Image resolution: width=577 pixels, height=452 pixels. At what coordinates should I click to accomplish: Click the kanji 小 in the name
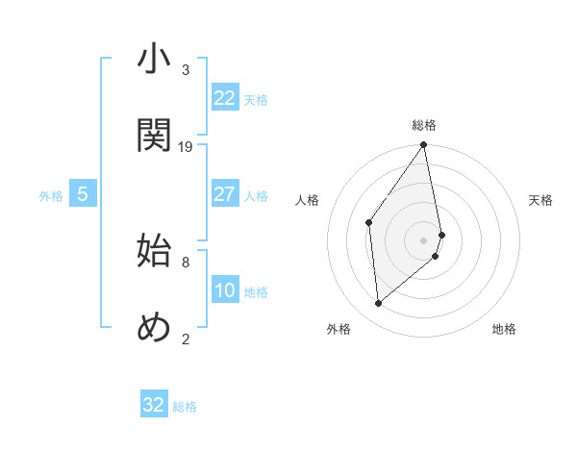[x=154, y=60]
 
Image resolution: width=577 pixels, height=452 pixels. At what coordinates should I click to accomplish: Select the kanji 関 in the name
[x=154, y=136]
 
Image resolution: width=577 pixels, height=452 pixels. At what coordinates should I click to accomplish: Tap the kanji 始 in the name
[x=154, y=251]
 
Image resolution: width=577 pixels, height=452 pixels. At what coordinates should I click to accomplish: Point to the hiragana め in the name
[x=154, y=327]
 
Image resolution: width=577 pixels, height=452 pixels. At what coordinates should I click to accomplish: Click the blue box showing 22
[x=224, y=98]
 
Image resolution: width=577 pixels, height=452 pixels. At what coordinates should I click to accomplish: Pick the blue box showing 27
[x=224, y=194]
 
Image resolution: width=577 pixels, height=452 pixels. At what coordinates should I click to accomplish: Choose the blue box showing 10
[x=224, y=290]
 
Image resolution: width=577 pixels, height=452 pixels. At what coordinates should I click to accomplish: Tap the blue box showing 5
[x=83, y=194]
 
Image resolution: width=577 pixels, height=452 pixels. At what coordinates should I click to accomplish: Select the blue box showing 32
[x=154, y=405]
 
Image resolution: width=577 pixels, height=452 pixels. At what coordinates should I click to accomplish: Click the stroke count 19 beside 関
[x=186, y=146]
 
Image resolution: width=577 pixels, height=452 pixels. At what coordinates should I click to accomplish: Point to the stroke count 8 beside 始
[x=186, y=261]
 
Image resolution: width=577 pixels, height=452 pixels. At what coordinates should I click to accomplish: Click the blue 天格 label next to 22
[x=256, y=100]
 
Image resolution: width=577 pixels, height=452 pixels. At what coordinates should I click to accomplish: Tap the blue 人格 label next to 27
[x=256, y=196]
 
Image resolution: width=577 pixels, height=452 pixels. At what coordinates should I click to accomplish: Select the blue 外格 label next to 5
[x=51, y=196]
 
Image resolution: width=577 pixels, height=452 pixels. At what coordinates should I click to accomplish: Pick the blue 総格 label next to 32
[x=185, y=407]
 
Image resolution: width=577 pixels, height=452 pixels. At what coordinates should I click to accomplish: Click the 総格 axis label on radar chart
[x=424, y=125]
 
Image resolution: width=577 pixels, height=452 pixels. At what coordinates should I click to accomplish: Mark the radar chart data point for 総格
[x=424, y=146]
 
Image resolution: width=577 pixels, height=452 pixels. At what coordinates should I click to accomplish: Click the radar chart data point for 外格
[x=379, y=303]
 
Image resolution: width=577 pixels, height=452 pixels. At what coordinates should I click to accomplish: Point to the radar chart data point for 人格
[x=369, y=223]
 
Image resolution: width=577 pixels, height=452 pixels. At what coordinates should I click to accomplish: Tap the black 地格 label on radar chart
[x=504, y=329]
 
